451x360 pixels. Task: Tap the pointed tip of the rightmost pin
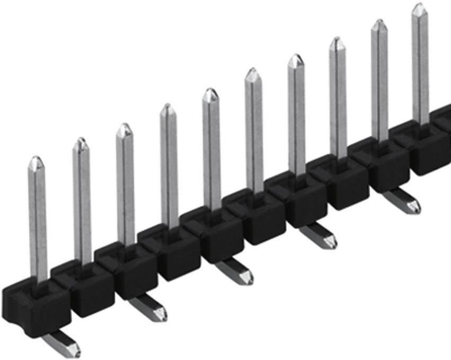pos(419,7)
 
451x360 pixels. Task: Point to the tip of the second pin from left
pos(81,142)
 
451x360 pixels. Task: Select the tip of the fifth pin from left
pos(210,93)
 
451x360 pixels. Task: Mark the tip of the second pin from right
pos(378,24)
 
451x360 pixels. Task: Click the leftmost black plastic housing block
pos(35,307)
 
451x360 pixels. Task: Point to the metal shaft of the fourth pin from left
pos(169,169)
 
